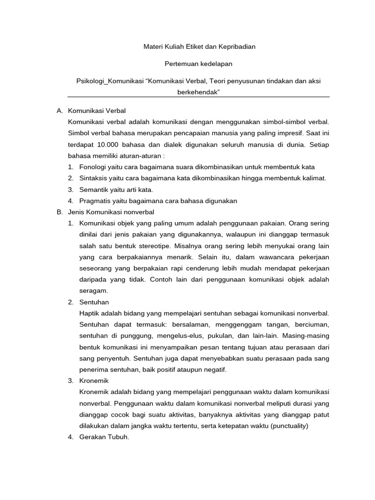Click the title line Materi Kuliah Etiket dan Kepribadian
[x=199, y=47]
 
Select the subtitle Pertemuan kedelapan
[x=199, y=64]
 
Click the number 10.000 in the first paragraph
[x=108, y=145]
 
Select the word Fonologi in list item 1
[x=92, y=167]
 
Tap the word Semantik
[x=93, y=189]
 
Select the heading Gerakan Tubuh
[x=104, y=437]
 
